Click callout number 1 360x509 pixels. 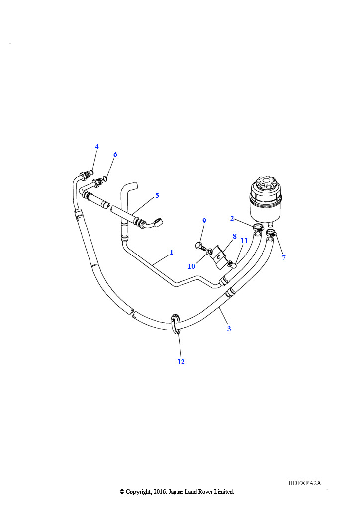click(172, 252)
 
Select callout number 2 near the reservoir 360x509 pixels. click(232, 219)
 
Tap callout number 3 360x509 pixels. click(229, 329)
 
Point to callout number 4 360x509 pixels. click(97, 147)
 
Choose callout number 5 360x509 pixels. click(157, 195)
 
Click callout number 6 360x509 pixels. click(115, 154)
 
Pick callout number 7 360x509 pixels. click(284, 258)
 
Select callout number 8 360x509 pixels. click(235, 236)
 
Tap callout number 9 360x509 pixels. click(204, 221)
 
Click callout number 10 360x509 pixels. click(191, 266)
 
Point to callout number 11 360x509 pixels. click(244, 241)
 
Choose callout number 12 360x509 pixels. click(181, 362)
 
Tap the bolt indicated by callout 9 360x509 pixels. click(201, 246)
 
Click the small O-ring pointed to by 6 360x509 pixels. click(105, 178)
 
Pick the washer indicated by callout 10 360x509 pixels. click(210, 251)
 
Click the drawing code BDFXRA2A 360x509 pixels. click(305, 483)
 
